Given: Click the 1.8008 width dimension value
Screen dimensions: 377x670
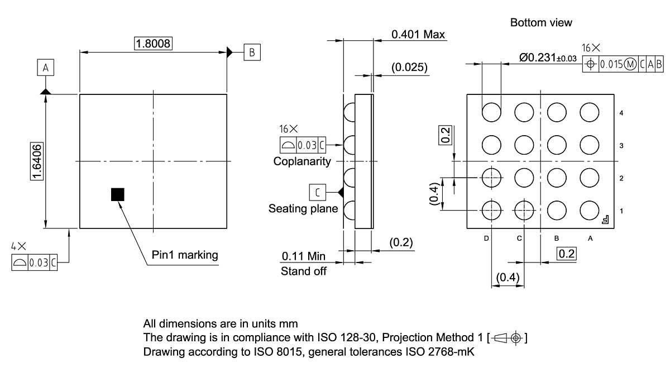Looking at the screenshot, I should click(x=153, y=44).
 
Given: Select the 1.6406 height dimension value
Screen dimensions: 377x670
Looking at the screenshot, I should click(x=36, y=161).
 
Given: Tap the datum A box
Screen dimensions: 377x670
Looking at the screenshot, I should click(x=46, y=68).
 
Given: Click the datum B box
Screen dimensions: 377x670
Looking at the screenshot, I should click(x=251, y=52).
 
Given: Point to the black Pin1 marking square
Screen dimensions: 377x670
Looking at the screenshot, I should click(x=118, y=194).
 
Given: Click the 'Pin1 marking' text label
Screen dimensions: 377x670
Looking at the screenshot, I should click(x=185, y=255).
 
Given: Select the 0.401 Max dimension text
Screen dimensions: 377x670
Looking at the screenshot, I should click(x=418, y=35).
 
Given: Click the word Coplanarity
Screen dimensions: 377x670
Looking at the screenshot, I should click(x=302, y=161).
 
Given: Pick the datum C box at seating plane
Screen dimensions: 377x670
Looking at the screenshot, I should click(x=317, y=193).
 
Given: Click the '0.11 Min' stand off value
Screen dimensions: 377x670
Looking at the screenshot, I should click(x=303, y=256).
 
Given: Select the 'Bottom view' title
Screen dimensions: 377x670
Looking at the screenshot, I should click(x=541, y=22).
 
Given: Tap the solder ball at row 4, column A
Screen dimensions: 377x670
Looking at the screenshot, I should click(x=589, y=112).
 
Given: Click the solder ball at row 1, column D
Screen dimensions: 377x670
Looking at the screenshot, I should click(x=492, y=211).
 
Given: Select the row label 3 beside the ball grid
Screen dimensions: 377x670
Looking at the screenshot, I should click(x=621, y=146).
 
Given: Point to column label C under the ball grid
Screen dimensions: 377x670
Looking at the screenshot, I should click(x=519, y=238).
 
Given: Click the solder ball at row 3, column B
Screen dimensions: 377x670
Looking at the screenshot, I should click(x=557, y=145).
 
